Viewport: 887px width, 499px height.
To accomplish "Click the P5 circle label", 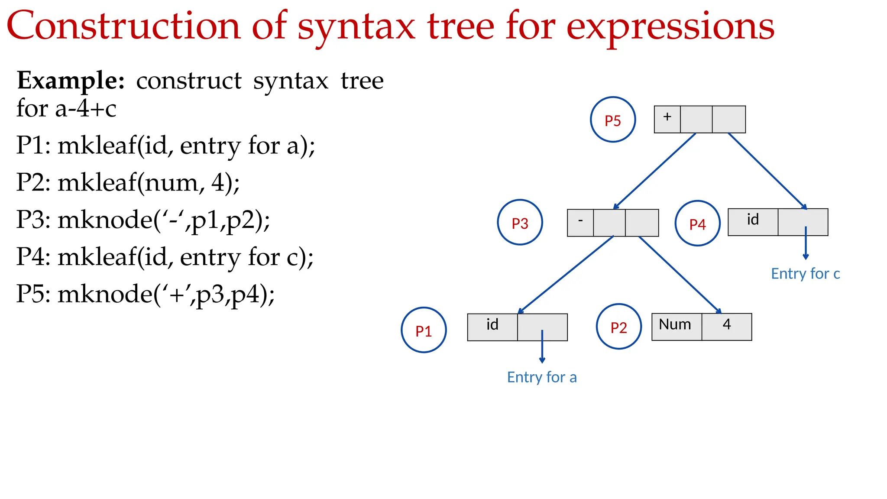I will [x=612, y=120].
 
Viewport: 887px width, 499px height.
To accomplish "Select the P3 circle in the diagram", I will [x=520, y=222].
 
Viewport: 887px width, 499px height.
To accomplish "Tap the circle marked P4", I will [x=697, y=224].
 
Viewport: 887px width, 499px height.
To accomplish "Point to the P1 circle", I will [x=424, y=330].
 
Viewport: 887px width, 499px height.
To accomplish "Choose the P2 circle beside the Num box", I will [x=618, y=327].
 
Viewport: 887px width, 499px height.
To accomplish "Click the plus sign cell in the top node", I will [x=667, y=119].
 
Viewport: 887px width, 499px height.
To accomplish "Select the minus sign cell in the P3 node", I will [x=580, y=223].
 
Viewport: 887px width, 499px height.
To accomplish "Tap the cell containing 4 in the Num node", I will [x=727, y=327].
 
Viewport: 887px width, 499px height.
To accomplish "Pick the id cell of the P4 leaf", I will [x=753, y=222].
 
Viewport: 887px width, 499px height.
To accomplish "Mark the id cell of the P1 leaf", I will [x=492, y=327].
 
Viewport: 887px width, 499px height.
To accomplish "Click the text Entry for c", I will [x=805, y=274].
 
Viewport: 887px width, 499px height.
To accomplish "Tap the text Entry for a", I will [x=541, y=377].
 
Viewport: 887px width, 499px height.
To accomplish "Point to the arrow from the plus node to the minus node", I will [x=655, y=171].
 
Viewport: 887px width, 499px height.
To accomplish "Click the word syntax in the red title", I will [x=356, y=27].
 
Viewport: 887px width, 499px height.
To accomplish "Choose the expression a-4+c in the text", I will [x=86, y=108].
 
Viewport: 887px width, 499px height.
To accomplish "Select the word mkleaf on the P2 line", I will [x=97, y=182].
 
